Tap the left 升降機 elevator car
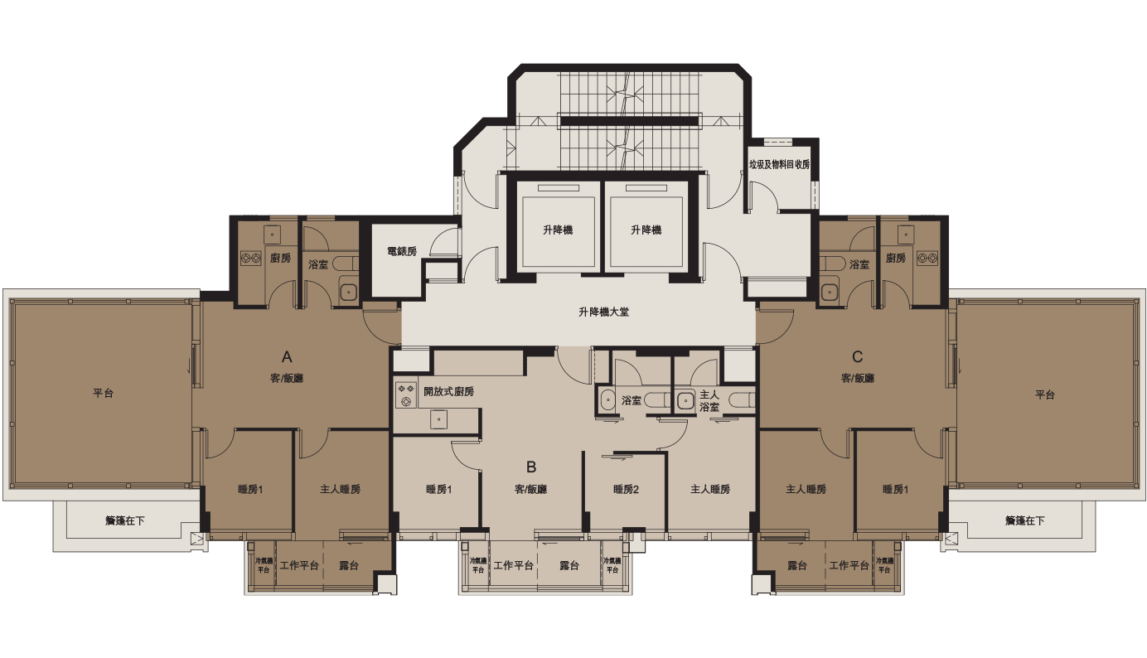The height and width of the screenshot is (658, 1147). click(x=558, y=230)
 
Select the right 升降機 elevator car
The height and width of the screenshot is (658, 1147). click(x=646, y=230)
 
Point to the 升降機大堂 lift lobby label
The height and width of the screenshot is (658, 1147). click(x=603, y=312)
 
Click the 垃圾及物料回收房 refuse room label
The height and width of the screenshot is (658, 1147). click(x=779, y=164)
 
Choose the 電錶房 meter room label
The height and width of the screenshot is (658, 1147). click(x=401, y=251)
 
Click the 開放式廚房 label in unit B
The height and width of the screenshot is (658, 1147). click(x=448, y=391)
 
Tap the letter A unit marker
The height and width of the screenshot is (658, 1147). click(x=287, y=357)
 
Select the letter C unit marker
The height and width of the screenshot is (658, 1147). click(x=858, y=357)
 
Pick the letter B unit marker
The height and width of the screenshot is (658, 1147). click(x=531, y=467)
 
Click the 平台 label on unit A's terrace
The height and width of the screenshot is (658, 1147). click(x=103, y=394)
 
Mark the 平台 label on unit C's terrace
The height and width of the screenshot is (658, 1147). click(x=1044, y=395)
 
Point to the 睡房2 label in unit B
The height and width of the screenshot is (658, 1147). click(x=626, y=490)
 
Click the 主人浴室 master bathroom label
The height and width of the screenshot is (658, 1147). click(x=709, y=401)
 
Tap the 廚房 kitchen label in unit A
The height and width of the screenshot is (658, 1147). click(x=280, y=259)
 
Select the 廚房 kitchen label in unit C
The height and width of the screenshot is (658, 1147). click(x=895, y=259)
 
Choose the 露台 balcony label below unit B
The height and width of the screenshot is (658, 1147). click(x=569, y=566)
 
